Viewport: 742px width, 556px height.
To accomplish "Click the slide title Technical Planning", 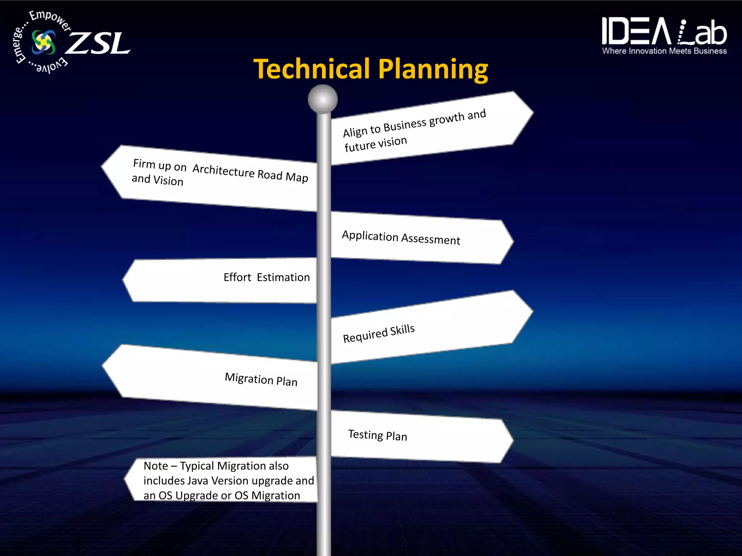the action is click(371, 69).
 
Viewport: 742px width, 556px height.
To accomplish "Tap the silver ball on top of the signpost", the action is click(322, 99).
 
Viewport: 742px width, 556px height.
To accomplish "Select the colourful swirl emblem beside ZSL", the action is click(44, 42).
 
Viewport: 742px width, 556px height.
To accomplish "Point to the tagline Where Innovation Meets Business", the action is click(664, 51).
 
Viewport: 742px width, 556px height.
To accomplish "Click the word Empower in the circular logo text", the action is click(50, 20).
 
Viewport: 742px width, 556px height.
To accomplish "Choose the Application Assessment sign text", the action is click(401, 238).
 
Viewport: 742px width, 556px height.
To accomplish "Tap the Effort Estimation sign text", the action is click(267, 277).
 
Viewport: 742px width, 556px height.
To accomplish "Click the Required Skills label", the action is click(379, 333).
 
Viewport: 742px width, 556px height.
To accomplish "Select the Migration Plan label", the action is click(261, 379).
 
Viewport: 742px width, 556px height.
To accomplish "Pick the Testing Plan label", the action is click(378, 435).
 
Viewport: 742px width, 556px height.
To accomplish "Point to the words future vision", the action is click(376, 144).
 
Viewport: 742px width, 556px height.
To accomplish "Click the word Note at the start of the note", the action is click(156, 466).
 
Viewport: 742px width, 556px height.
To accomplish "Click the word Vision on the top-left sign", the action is click(168, 181).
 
